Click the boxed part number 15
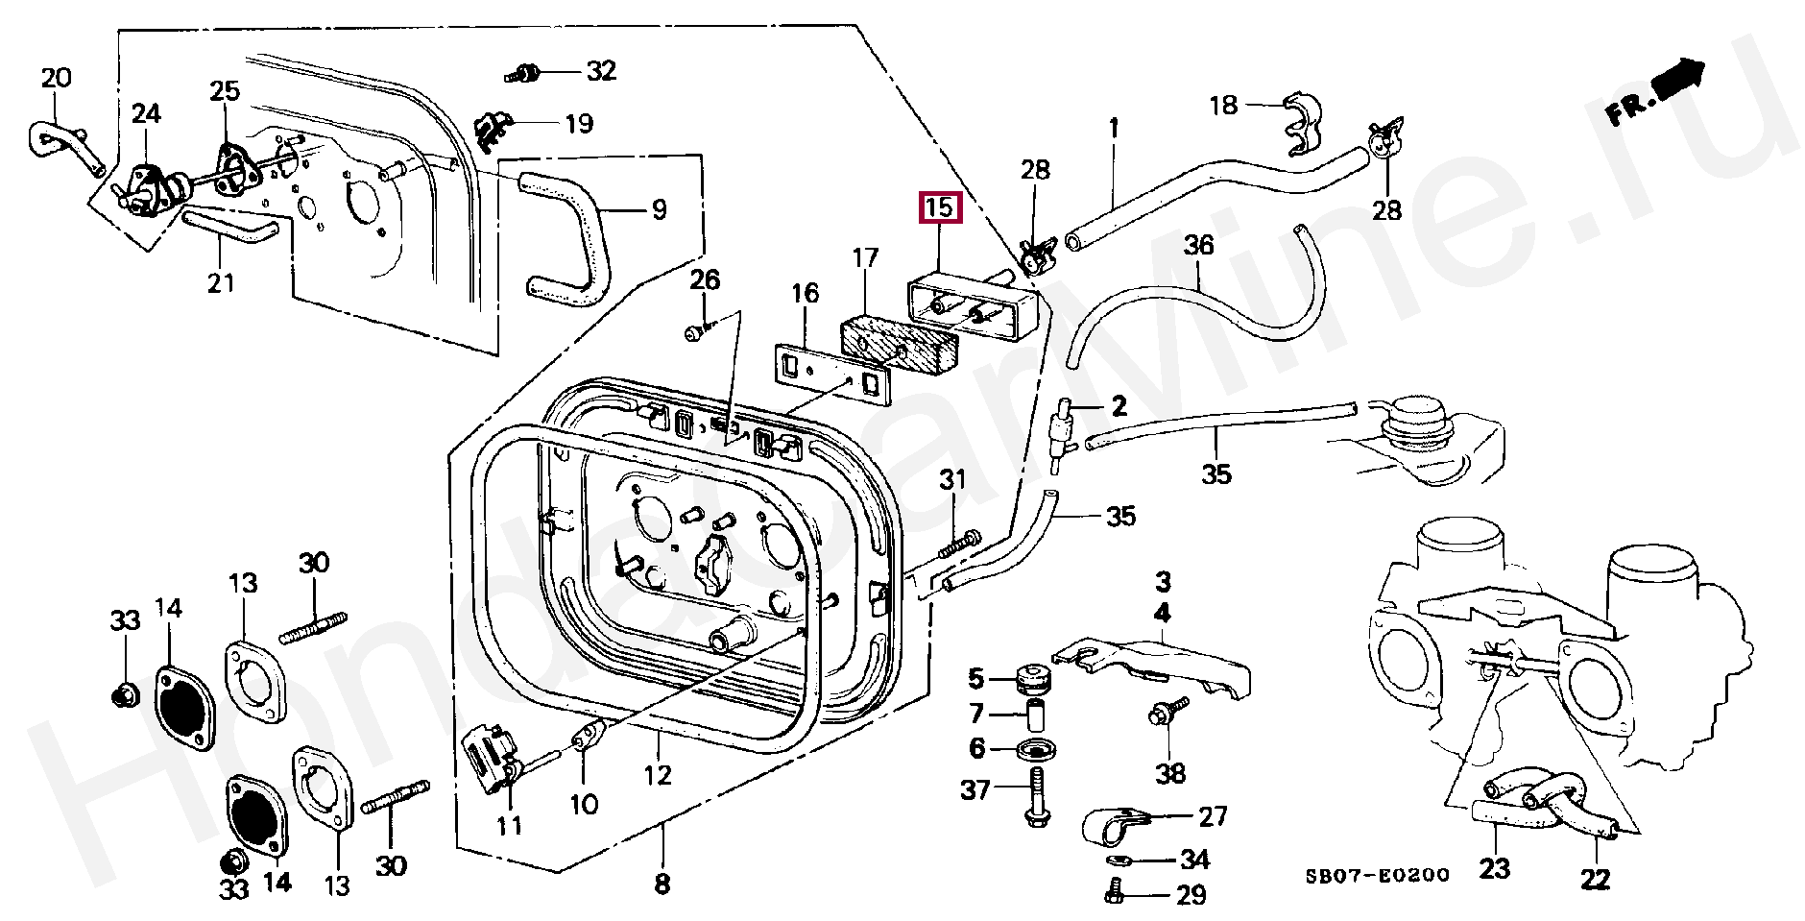(x=940, y=207)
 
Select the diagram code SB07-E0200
(x=1377, y=876)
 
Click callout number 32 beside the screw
(x=601, y=70)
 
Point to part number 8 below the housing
(x=662, y=884)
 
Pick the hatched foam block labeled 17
(x=900, y=347)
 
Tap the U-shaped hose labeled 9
(x=567, y=237)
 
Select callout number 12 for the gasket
(x=658, y=774)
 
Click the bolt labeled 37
(x=1037, y=796)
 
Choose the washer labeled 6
(x=1037, y=749)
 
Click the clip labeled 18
(x=1303, y=125)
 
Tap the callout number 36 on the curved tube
(x=1198, y=246)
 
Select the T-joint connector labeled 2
(x=1064, y=433)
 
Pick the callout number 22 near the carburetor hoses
(x=1595, y=879)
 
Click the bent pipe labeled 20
(x=63, y=147)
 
